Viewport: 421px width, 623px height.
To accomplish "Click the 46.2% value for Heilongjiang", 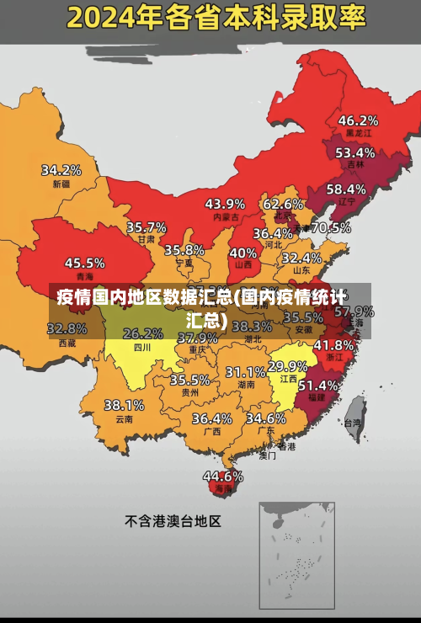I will click(358, 120).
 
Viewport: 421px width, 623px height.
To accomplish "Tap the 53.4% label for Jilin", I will click(354, 153).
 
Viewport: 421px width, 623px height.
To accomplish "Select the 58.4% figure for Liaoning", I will click(346, 189).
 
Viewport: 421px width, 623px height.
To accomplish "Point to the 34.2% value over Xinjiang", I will click(61, 170).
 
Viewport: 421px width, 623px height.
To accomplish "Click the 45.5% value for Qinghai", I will click(85, 263).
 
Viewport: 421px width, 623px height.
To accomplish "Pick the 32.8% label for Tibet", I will click(67, 328).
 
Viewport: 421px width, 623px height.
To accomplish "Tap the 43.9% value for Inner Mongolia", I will click(225, 204).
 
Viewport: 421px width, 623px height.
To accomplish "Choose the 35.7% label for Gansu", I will click(147, 227).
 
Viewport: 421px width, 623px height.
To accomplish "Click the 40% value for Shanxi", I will click(243, 252).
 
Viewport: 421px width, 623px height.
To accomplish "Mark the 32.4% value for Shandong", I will click(301, 258).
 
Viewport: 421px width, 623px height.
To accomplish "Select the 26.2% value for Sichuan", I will click(143, 333).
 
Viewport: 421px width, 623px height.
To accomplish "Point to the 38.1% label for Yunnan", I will click(124, 405).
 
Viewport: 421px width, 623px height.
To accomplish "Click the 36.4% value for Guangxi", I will click(211, 418).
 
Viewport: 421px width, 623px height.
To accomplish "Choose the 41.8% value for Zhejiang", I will click(333, 345).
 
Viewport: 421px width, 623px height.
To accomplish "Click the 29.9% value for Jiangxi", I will click(287, 366).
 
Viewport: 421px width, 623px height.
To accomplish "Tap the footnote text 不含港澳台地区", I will click(173, 521).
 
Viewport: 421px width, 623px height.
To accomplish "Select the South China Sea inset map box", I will click(296, 548).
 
